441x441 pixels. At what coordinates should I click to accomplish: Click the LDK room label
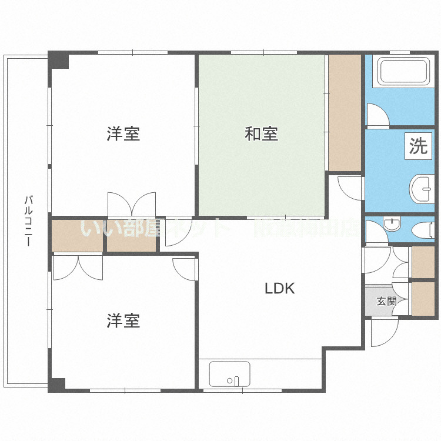(x=279, y=289)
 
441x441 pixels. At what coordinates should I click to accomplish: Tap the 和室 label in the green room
(x=261, y=134)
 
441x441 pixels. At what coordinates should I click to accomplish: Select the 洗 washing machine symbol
(x=418, y=146)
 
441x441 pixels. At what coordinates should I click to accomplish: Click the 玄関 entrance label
(x=386, y=302)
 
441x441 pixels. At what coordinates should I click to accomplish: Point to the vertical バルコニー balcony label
(x=28, y=220)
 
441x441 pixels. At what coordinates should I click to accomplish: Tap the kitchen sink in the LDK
(x=229, y=374)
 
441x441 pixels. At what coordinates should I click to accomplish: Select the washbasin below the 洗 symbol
(x=421, y=189)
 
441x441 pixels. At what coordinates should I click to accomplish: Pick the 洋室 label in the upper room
(x=123, y=134)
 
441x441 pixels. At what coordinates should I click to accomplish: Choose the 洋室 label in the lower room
(x=123, y=321)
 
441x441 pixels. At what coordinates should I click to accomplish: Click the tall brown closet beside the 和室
(x=345, y=112)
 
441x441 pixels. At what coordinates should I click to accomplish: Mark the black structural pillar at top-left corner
(x=58, y=60)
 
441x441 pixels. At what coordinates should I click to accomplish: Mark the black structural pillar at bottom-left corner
(x=56, y=385)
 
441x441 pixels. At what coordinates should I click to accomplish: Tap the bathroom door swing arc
(x=376, y=115)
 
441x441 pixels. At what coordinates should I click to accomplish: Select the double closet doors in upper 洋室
(x=132, y=205)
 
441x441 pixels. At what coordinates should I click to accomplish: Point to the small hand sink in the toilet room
(x=391, y=223)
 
